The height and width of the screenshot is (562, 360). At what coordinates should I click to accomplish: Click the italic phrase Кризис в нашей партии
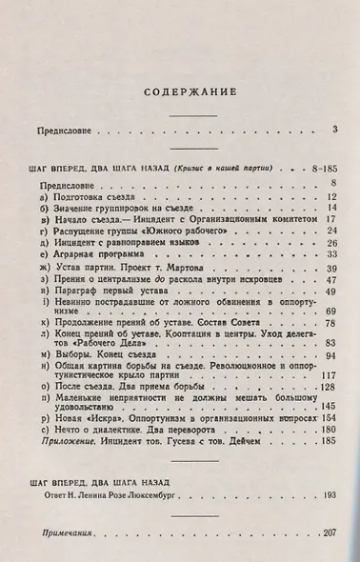click(220, 168)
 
